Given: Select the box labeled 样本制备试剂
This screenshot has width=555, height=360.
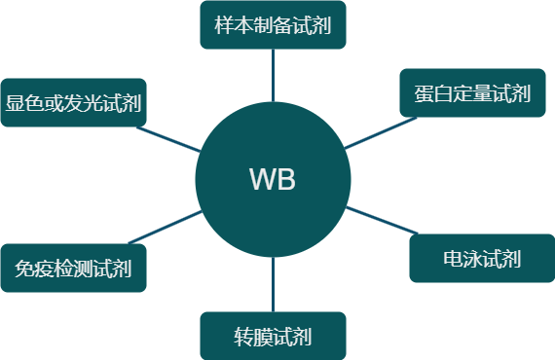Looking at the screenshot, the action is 273,24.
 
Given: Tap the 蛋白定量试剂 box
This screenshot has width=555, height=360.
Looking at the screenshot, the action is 472,93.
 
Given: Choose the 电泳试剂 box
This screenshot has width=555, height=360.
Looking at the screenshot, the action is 481,259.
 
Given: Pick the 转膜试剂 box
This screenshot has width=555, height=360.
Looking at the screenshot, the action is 273,337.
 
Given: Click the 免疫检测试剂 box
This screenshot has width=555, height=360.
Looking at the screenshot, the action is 74,268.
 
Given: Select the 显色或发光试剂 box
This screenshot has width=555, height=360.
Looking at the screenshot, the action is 74,102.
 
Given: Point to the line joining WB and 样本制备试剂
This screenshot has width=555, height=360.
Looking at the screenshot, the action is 273,75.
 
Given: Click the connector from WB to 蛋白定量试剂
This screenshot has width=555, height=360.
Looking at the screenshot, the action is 375,134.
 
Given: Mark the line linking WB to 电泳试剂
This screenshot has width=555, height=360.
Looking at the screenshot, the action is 380,220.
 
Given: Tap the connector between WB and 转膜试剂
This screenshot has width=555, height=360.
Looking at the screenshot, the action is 273,284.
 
